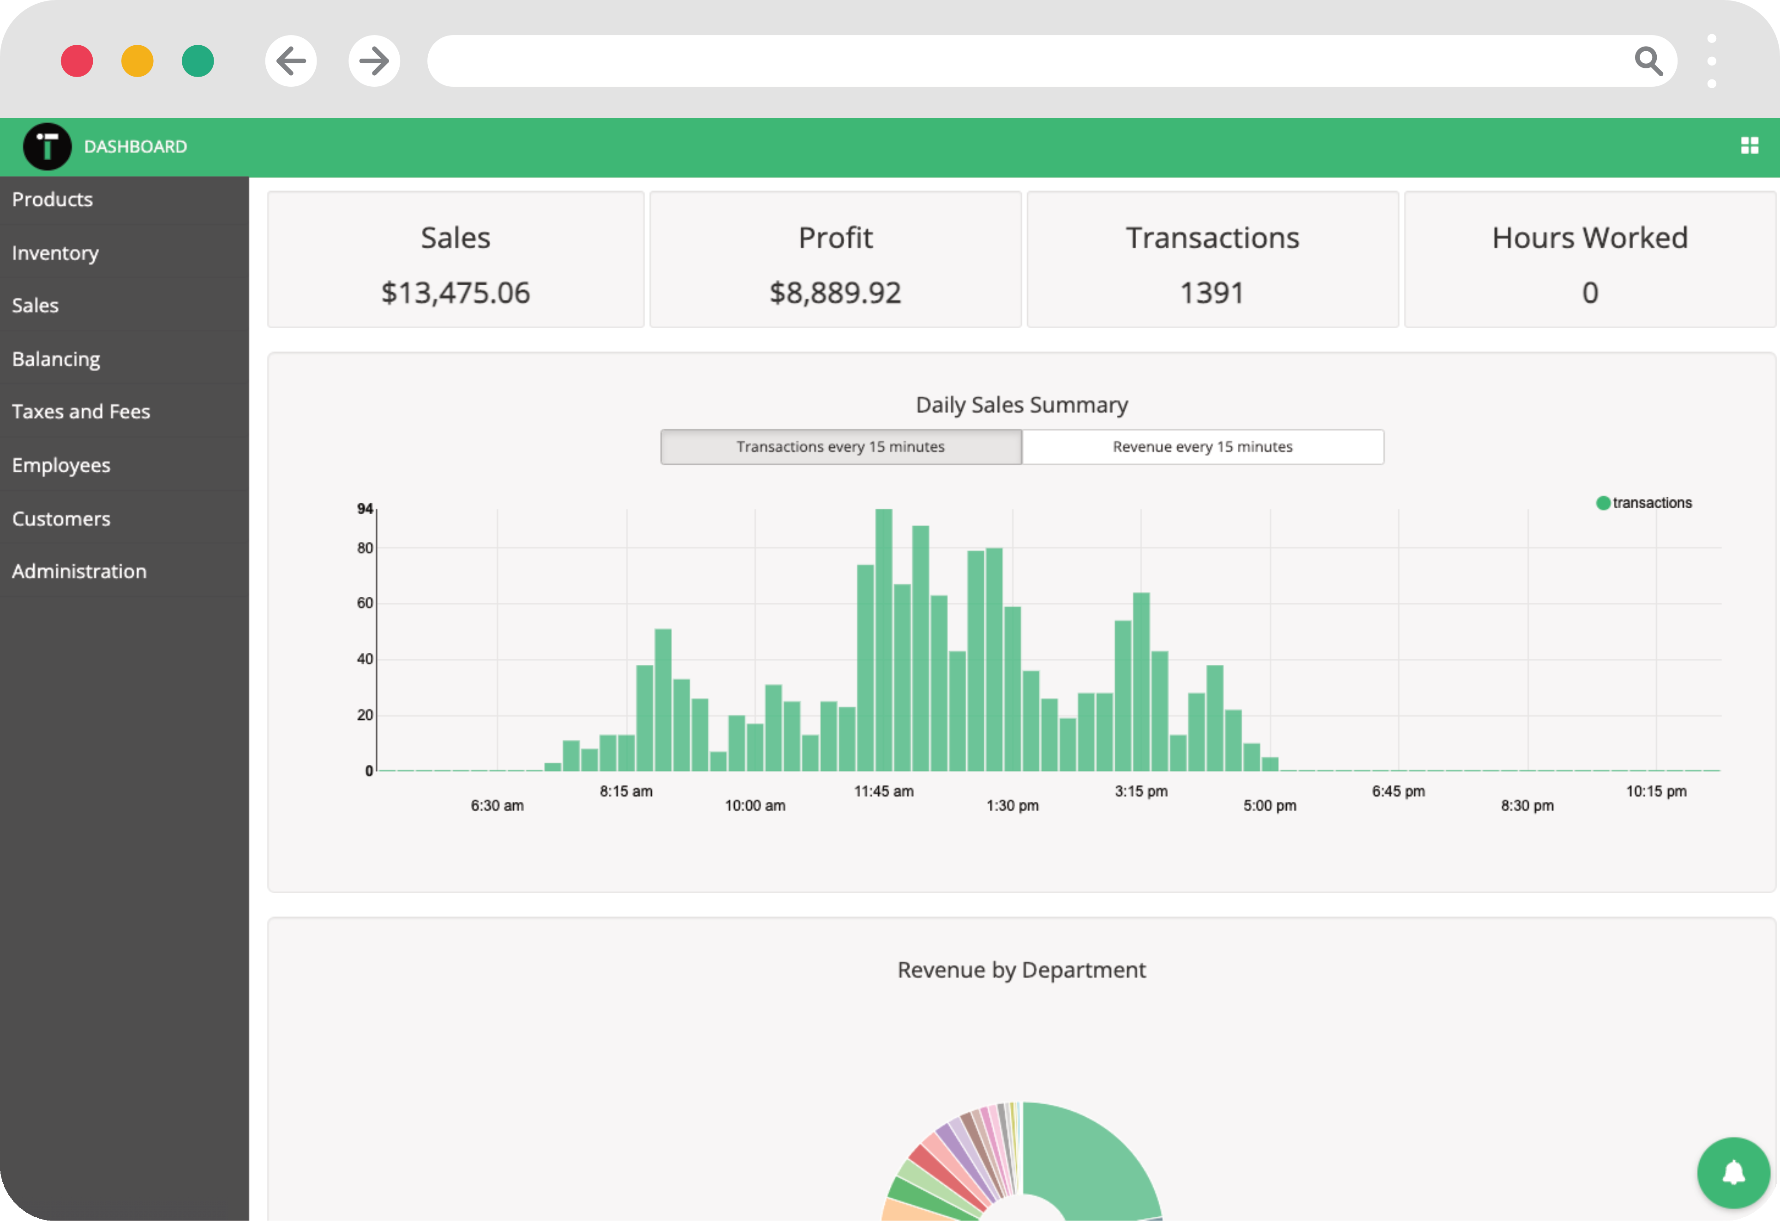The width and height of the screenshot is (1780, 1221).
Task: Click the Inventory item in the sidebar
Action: click(55, 253)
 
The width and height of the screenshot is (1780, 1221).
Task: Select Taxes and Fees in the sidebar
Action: click(80, 411)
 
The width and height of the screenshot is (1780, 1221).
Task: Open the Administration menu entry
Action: click(79, 571)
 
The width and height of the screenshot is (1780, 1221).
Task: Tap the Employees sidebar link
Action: click(61, 465)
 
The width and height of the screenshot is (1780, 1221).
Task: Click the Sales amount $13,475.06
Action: click(455, 293)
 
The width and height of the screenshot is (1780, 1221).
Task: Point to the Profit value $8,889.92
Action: click(835, 293)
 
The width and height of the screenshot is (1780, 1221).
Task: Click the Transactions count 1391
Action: click(1212, 293)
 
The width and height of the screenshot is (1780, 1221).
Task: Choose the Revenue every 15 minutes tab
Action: click(1203, 446)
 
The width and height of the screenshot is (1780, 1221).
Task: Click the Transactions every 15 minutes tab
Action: click(840, 446)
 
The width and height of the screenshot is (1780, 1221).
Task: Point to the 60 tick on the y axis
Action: click(365, 604)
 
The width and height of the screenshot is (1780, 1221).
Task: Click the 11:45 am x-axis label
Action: click(883, 791)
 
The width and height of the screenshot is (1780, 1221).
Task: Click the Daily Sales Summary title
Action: click(1022, 404)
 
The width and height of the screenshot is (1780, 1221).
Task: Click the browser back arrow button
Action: click(291, 61)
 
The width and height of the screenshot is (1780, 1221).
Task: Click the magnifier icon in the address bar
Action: click(1648, 61)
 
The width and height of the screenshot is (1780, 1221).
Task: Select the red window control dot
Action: click(77, 61)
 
